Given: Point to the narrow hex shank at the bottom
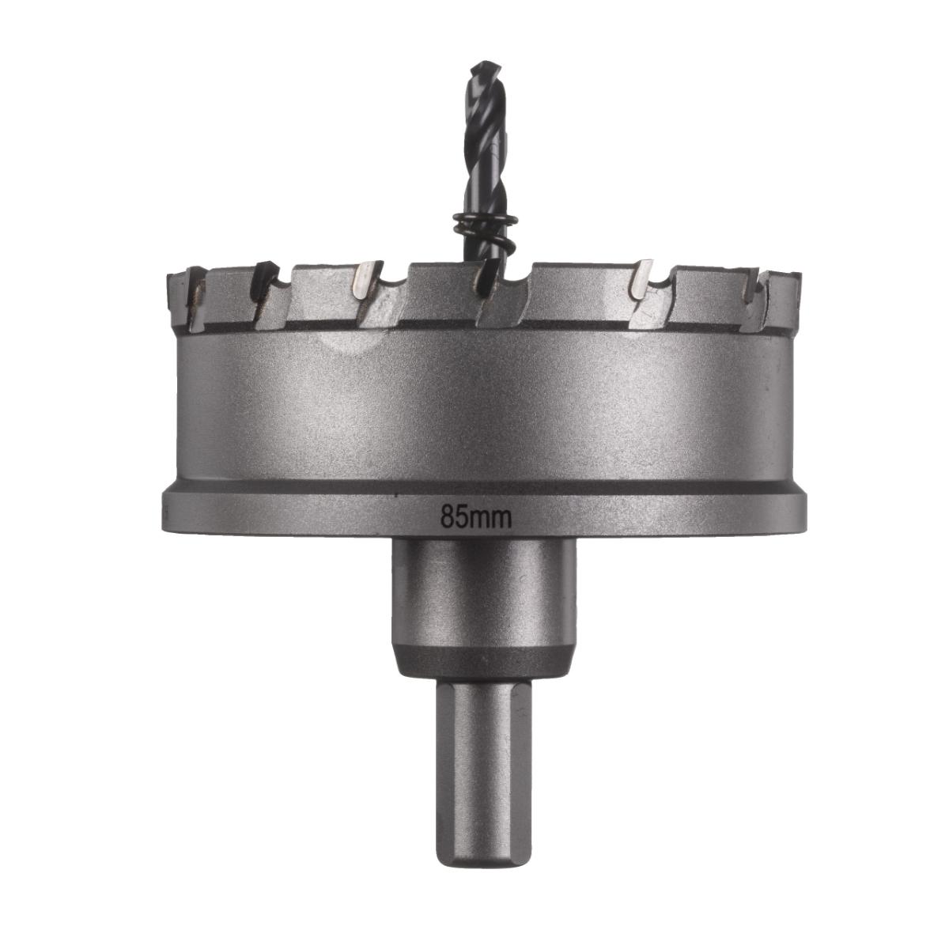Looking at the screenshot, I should click(484, 767).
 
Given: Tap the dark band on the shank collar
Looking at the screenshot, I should click(484, 660).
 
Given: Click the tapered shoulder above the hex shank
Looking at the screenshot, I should click(484, 686).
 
